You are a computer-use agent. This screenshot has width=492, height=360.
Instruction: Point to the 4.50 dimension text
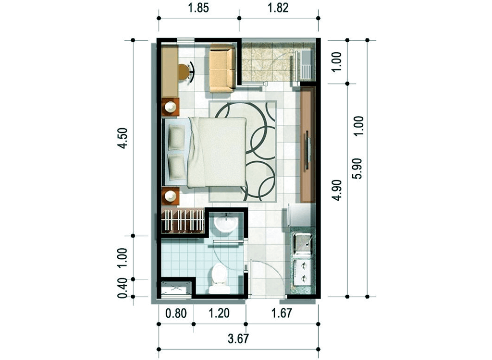click(123, 138)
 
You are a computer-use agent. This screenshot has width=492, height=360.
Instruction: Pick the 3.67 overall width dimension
click(238, 339)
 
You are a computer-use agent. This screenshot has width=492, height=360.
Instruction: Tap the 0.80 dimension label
click(176, 314)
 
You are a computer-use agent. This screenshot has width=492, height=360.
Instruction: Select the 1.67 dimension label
click(282, 314)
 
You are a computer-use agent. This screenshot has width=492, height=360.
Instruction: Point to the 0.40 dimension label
click(123, 288)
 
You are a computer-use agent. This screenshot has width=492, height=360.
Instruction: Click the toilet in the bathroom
click(220, 278)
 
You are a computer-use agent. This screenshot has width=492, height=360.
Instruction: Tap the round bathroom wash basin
click(225, 224)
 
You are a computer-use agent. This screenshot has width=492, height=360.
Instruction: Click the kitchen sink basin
click(303, 243)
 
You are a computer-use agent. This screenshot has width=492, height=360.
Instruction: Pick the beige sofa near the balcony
click(222, 68)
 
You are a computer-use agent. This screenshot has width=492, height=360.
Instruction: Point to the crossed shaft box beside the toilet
click(176, 288)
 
